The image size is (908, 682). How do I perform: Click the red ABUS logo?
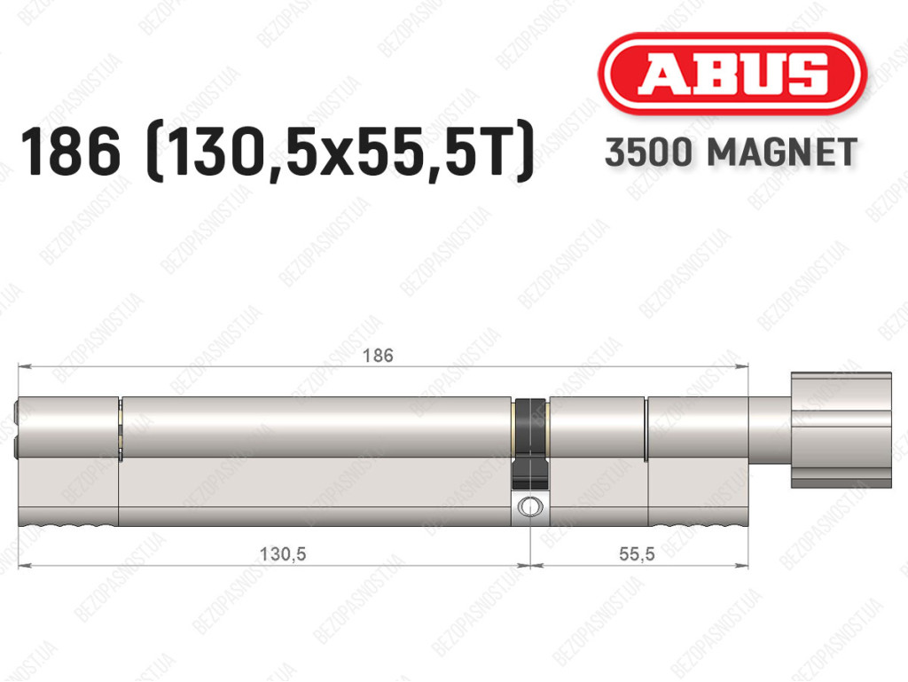(732, 73)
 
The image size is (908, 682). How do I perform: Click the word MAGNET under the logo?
(782, 153)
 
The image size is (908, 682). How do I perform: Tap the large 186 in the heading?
(71, 153)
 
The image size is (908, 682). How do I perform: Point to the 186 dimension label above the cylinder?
(378, 356)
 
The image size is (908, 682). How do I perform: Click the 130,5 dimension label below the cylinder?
(283, 554)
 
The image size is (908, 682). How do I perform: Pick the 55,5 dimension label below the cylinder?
(637, 554)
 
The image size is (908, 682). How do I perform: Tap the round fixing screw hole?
(529, 506)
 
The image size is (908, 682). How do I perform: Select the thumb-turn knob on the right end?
(841, 429)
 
